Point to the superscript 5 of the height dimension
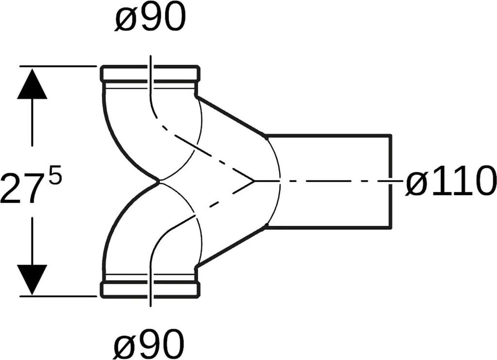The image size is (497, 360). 55,177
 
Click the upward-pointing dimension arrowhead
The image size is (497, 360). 32,85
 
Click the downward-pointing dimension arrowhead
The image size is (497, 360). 32,278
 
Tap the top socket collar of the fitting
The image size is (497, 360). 150,73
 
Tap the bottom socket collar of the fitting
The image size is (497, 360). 150,289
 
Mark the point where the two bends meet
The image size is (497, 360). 159,181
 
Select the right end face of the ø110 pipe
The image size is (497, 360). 391,160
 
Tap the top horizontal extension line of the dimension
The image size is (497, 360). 58,65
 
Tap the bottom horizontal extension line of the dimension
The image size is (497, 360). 58,295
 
